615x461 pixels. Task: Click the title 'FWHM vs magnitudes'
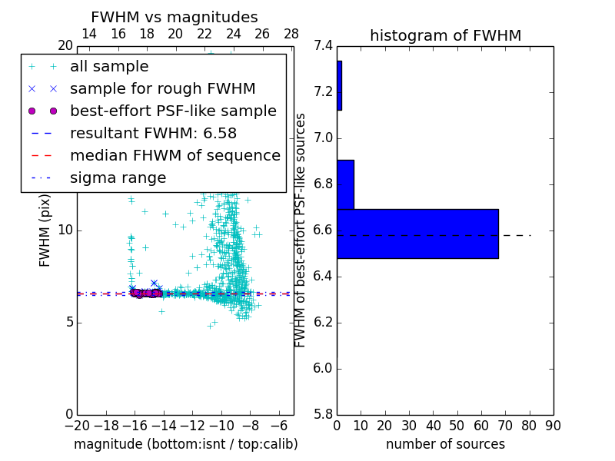click(175, 17)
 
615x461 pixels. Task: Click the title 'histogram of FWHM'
click(445, 35)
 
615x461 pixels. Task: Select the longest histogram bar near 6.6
click(417, 234)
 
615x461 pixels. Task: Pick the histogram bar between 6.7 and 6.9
click(345, 184)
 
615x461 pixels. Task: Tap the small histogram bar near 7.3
click(339, 85)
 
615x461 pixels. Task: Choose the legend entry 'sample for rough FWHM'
click(162, 88)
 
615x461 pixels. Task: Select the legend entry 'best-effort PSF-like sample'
click(173, 111)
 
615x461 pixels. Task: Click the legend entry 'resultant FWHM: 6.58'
click(153, 133)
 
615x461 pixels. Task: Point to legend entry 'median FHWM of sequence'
click(175, 155)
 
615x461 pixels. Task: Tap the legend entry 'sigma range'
click(118, 177)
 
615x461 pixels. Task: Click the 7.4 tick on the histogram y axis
click(323, 46)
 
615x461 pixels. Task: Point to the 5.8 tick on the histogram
click(323, 414)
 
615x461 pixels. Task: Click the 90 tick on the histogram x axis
click(553, 425)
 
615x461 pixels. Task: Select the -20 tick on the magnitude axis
click(77, 425)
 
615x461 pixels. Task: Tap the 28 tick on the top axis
click(291, 34)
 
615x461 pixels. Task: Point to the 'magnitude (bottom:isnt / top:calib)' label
click(185, 444)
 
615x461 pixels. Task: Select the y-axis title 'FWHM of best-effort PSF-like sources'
click(301, 230)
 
